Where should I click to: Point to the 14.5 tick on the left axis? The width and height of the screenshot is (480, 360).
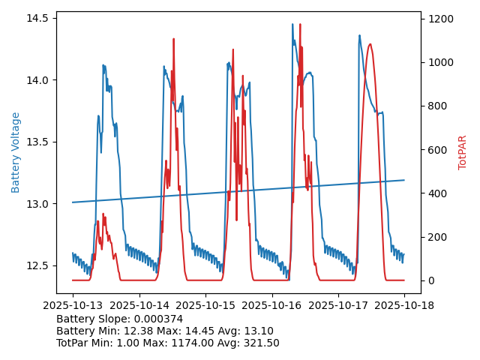tap(37, 18)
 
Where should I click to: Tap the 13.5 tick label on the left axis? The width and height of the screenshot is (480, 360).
tap(37, 142)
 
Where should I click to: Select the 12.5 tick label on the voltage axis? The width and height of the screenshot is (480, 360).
tap(37, 265)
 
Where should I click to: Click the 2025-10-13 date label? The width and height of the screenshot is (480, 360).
tap(73, 306)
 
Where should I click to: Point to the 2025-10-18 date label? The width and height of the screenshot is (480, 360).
tap(404, 306)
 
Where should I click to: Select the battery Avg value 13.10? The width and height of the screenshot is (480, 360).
tap(258, 331)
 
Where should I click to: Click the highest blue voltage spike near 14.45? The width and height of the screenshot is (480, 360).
tap(292, 24)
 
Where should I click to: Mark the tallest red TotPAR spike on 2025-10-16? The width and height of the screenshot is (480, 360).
tap(300, 25)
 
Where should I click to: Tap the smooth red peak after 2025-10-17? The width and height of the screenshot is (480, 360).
tap(370, 44)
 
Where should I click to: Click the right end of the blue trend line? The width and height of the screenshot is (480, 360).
tap(404, 180)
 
